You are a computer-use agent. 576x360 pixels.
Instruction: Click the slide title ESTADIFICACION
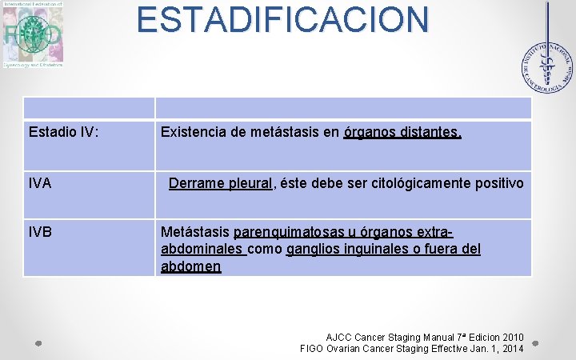[282, 20]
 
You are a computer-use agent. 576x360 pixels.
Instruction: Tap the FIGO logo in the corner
[32, 34]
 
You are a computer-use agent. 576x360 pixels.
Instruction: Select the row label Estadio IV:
[63, 131]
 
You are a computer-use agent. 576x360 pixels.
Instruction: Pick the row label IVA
[39, 183]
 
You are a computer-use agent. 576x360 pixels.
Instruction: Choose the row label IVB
[39, 232]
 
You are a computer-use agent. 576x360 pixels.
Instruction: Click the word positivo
[496, 183]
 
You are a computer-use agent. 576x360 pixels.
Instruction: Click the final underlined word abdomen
[190, 266]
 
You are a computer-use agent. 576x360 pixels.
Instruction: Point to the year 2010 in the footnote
[509, 337]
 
